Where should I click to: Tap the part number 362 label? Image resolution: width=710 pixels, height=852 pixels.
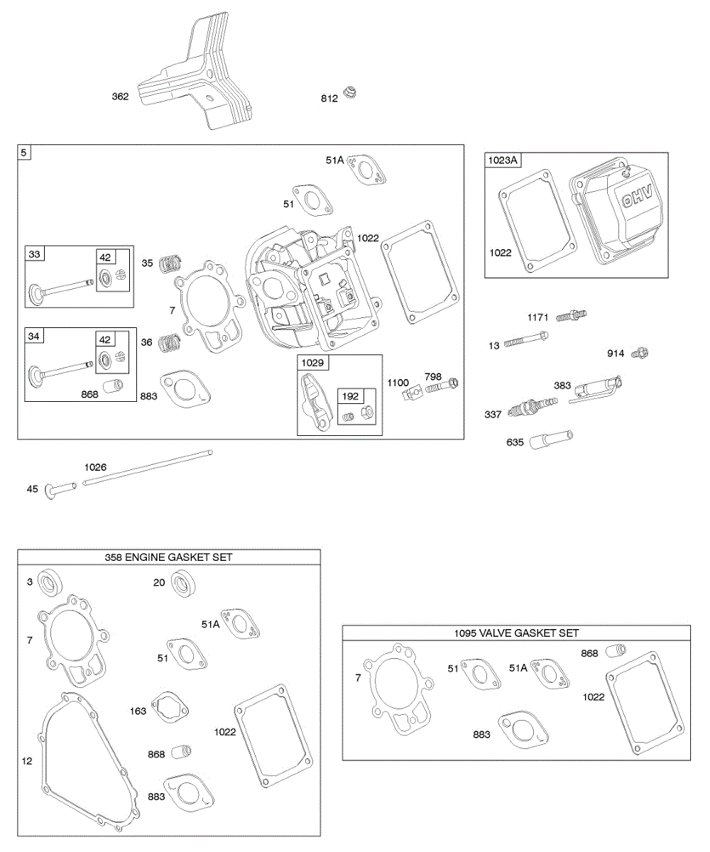click(x=120, y=97)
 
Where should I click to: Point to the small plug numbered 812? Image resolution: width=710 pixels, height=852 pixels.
click(x=349, y=92)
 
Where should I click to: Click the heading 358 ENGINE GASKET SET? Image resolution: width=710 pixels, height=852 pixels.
click(x=169, y=557)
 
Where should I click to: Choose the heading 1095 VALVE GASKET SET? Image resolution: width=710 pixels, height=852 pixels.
click(x=516, y=633)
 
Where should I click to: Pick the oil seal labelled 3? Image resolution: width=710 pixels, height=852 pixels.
click(x=49, y=584)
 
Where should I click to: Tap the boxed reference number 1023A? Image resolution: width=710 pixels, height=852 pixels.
click(x=503, y=160)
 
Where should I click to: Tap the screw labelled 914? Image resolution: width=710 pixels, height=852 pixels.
click(x=642, y=351)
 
